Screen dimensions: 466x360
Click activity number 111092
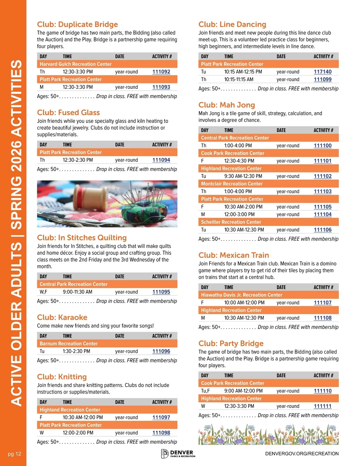tap(161, 72)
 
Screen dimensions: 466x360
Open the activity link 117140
tap(322, 72)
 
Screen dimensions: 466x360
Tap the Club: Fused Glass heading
tap(68, 113)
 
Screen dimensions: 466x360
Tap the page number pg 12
tap(14, 454)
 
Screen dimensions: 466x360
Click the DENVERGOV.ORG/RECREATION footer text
tap(302, 454)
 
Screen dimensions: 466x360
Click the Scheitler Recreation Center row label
tap(231, 222)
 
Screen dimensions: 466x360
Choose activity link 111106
tap(322, 230)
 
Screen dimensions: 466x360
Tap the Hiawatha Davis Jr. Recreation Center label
tap(241, 295)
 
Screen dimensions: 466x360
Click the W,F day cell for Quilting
tap(43, 292)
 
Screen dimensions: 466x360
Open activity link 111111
tap(322, 406)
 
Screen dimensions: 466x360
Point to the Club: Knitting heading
tap(62, 377)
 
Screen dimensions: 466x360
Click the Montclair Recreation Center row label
tap(232, 184)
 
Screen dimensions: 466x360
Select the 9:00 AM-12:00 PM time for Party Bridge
tap(243, 391)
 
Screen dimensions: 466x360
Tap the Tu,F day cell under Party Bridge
tap(205, 391)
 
